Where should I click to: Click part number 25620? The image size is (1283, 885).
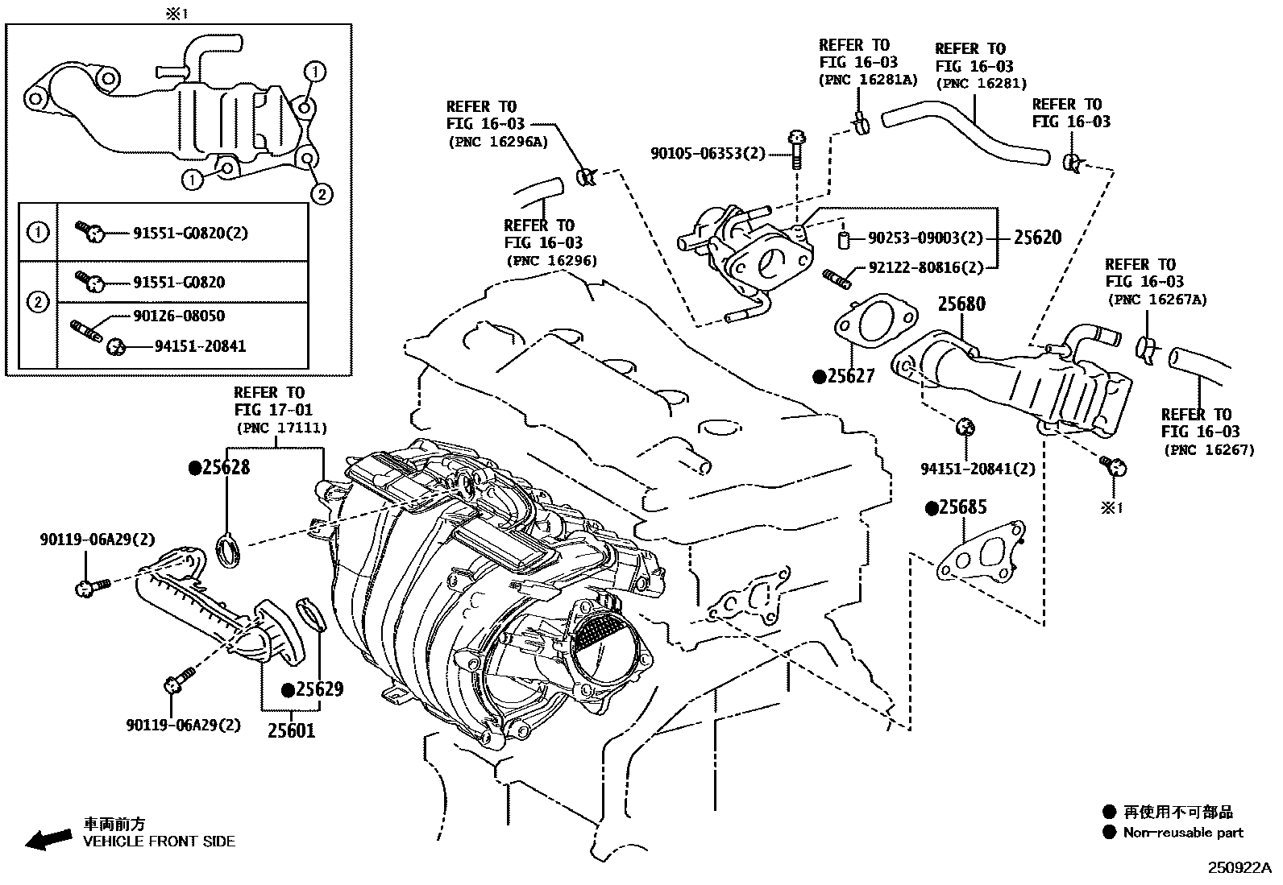1037,238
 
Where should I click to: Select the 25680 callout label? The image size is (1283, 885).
961,304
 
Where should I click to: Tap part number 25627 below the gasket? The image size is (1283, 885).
849,376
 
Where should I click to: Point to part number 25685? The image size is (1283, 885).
962,507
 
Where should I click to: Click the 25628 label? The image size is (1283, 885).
226,467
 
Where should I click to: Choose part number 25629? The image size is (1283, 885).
318,689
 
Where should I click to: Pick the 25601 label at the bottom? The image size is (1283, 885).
291,730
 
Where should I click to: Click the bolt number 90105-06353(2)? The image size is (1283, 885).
708,152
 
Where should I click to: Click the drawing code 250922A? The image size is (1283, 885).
1238,868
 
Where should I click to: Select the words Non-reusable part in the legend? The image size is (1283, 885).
1183,833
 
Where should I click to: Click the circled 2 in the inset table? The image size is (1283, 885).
38,303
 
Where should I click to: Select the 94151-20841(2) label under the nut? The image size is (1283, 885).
978,469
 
